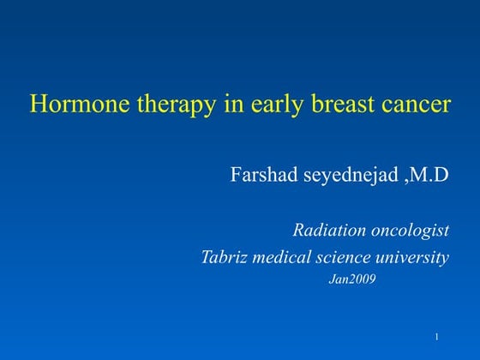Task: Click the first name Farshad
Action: [262, 176]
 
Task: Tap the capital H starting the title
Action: [38, 105]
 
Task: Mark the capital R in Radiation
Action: [298, 230]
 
